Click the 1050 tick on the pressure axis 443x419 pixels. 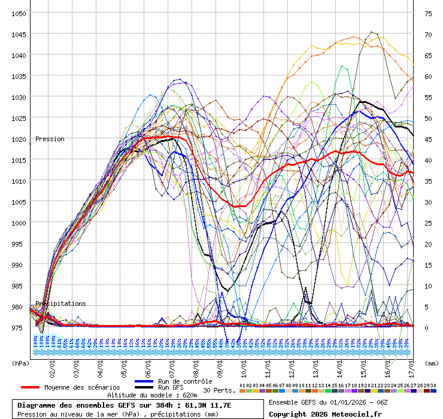[19, 13]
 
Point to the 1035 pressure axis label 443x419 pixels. [19, 76]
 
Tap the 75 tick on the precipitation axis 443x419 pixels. [428, 13]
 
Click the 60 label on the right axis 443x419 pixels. [428, 76]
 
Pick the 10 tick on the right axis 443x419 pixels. [428, 286]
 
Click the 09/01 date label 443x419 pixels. [220, 365]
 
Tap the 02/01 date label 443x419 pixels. [53, 365]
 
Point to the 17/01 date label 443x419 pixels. [411, 365]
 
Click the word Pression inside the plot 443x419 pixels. [50, 139]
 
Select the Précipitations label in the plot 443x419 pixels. [60, 303]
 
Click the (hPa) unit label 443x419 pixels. [20, 363]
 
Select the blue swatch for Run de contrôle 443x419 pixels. [144, 381]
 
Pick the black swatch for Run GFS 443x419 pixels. [144, 387]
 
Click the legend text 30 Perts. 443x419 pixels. [219, 390]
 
